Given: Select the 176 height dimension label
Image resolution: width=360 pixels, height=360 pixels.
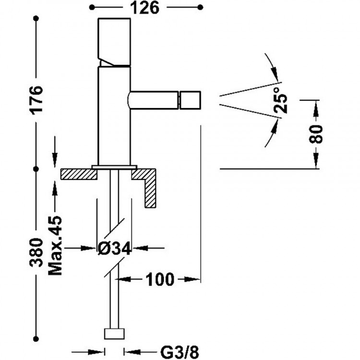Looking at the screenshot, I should [36, 99].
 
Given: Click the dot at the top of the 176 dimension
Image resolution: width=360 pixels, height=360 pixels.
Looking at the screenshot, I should [36, 18].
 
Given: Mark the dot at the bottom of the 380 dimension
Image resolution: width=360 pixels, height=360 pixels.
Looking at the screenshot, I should [36, 337].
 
